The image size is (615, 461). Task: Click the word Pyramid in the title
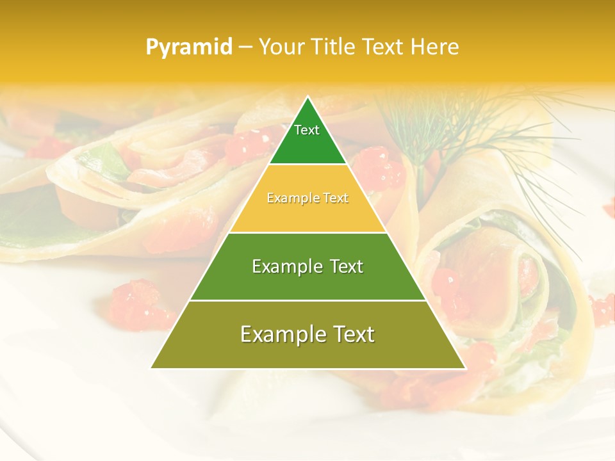point(189,47)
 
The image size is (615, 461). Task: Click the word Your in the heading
point(280,47)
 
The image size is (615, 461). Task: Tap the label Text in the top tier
point(307,130)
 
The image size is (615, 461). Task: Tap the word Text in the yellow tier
point(336,198)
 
